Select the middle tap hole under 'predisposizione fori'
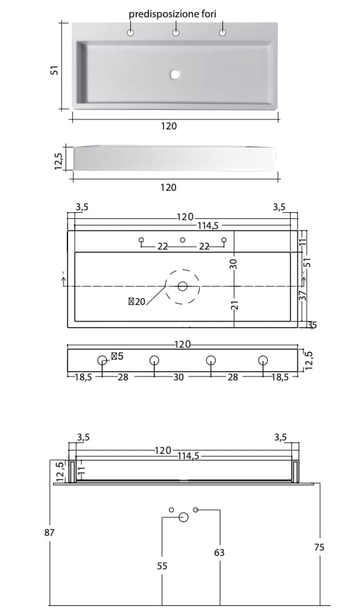[176, 33]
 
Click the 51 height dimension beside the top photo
[56, 70]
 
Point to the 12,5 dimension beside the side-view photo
[58, 161]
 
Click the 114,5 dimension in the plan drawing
[208, 226]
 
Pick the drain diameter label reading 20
[136, 302]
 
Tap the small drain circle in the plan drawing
[182, 286]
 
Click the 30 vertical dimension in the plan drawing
[234, 263]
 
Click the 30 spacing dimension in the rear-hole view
[178, 378]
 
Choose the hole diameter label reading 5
[117, 356]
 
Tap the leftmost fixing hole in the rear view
[102, 361]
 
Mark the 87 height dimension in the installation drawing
[49, 532]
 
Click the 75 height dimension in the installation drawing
[319, 547]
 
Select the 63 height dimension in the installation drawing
[220, 553]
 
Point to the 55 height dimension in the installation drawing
[162, 565]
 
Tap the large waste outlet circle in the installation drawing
[183, 517]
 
